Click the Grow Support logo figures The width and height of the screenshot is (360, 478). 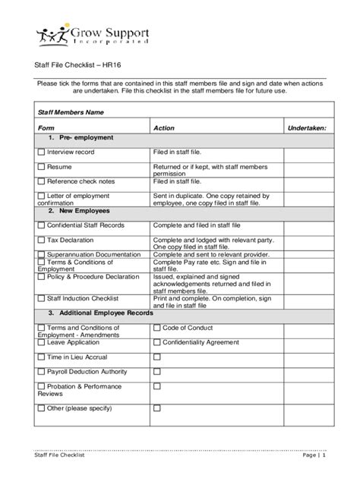click(52, 36)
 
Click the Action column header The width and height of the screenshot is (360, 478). click(164, 129)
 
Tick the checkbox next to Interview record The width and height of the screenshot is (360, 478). click(42, 153)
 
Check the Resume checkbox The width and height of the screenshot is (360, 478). click(42, 166)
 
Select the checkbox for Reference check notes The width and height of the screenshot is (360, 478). click(42, 182)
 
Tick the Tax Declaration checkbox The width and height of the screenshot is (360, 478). click(42, 240)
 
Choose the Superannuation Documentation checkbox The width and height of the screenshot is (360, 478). click(42, 255)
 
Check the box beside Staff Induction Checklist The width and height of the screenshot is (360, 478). click(42, 299)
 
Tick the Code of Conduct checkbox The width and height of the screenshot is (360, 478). click(157, 328)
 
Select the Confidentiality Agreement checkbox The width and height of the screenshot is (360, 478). click(157, 342)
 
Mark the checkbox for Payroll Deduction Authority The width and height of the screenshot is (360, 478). click(42, 372)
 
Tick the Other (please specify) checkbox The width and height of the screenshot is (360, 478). click(42, 408)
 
